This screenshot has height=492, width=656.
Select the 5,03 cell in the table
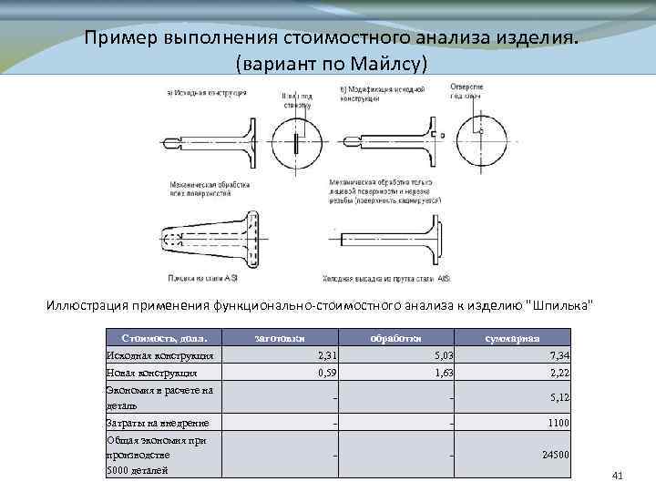pyautogui.click(x=443, y=355)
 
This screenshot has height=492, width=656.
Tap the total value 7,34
pyautogui.click(x=559, y=355)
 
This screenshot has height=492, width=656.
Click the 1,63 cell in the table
pyautogui.click(x=443, y=373)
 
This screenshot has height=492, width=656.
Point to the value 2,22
pyautogui.click(x=559, y=373)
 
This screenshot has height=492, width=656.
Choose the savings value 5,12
pyautogui.click(x=559, y=397)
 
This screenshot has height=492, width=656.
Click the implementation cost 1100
pyautogui.click(x=557, y=423)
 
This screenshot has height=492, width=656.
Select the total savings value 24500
pyautogui.click(x=554, y=454)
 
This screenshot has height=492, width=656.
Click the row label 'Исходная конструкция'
pyautogui.click(x=159, y=355)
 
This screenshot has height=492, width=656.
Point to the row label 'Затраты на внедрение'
pyautogui.click(x=158, y=423)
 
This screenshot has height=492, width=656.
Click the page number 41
pyautogui.click(x=617, y=476)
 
